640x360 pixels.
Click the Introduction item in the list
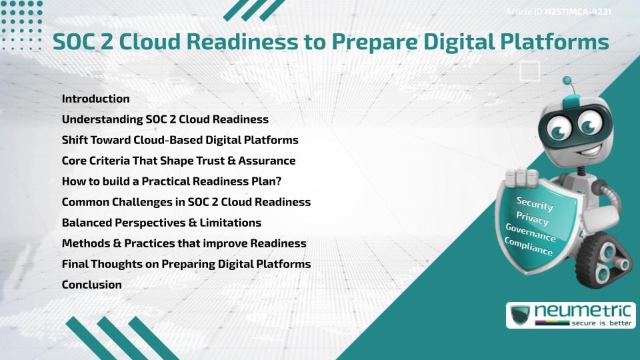pos(95,99)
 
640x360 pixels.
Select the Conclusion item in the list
pos(91,285)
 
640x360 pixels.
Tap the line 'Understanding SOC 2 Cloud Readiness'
pos(165,119)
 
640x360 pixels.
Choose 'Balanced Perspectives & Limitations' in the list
pos(161,223)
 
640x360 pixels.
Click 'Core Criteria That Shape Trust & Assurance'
pos(178,161)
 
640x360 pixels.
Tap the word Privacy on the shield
pos(532,219)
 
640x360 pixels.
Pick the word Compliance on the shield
pos(529,247)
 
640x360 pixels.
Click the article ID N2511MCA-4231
pos(579,12)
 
